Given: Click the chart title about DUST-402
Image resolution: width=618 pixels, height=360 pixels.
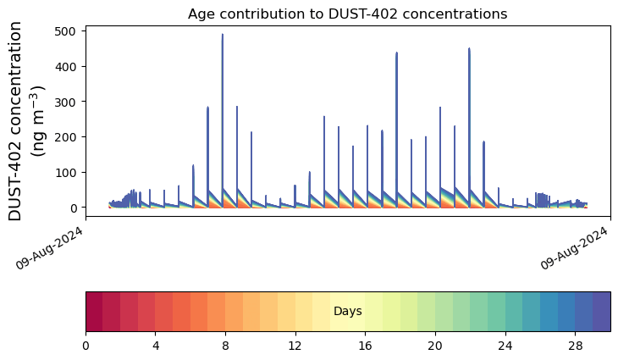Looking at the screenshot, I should click(x=347, y=14).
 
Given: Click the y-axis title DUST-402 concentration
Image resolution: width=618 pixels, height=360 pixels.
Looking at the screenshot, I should click(x=30, y=120).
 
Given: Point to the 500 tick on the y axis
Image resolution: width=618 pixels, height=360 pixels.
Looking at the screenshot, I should click(x=68, y=31).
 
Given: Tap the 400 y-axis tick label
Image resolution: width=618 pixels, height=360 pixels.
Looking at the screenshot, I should click(x=68, y=67).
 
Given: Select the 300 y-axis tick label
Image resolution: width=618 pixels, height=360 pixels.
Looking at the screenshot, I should click(x=68, y=102).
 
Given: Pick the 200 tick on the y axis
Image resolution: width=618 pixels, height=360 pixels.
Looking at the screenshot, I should click(x=68, y=137).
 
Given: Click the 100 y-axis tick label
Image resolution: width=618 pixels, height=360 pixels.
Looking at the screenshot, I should click(x=68, y=173).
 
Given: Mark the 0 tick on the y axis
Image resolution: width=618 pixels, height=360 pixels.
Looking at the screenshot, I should click(x=74, y=208).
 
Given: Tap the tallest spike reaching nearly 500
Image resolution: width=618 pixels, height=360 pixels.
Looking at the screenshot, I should click(x=223, y=36).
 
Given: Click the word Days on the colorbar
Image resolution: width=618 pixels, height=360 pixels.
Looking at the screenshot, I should click(x=348, y=312).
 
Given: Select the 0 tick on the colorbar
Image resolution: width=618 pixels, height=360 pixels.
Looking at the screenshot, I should click(x=86, y=346).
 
